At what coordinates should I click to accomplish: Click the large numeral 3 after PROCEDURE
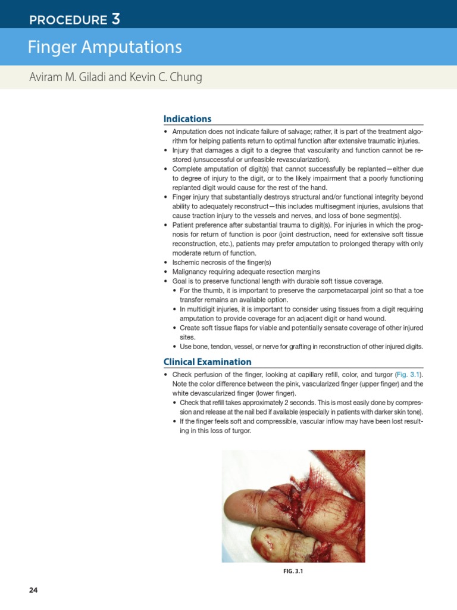click(115, 19)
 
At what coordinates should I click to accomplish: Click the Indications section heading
click(187, 119)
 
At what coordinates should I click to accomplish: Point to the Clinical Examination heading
click(207, 362)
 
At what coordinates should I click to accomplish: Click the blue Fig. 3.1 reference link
click(409, 375)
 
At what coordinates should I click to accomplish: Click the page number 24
click(33, 590)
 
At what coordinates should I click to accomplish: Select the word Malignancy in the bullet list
click(191, 272)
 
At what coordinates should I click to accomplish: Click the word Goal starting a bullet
click(179, 281)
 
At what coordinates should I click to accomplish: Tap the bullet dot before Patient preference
click(165, 225)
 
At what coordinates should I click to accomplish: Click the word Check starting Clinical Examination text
click(181, 375)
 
